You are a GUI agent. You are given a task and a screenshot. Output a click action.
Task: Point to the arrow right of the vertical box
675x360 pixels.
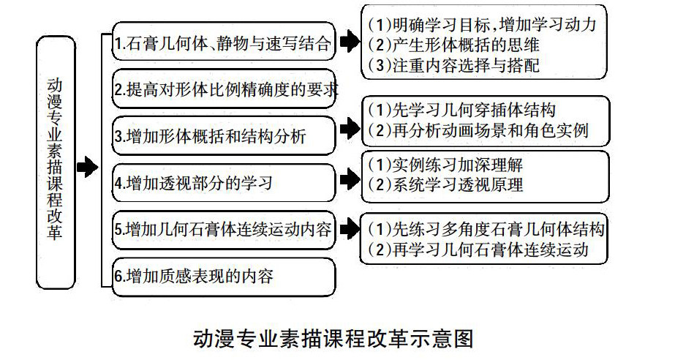(x=87, y=168)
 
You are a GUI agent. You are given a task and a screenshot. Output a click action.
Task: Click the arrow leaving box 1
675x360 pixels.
(x=350, y=42)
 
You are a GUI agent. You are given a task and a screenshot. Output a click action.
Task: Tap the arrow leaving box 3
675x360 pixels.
(x=350, y=132)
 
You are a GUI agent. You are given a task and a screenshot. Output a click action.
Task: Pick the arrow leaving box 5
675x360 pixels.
(x=350, y=227)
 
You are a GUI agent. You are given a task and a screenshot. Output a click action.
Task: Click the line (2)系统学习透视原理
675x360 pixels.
(x=445, y=184)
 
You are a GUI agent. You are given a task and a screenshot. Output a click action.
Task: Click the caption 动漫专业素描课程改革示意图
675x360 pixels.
(x=333, y=338)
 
